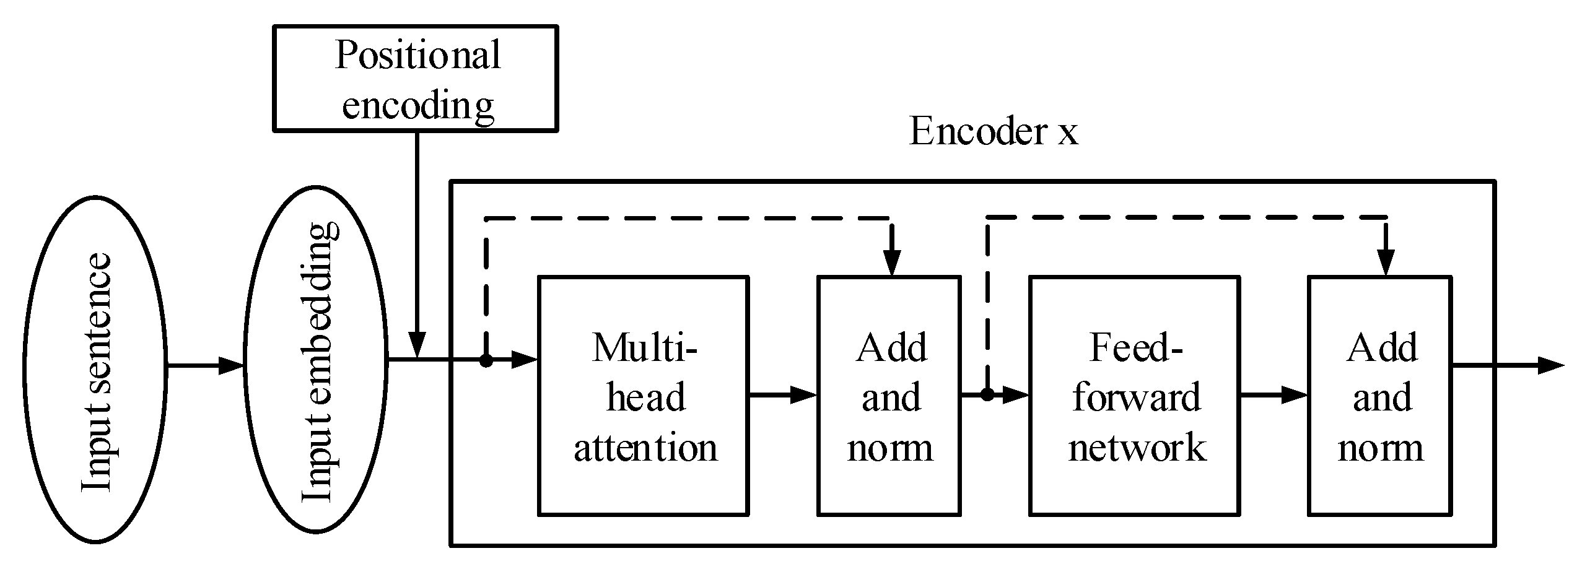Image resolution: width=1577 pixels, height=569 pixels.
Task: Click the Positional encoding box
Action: pos(416,79)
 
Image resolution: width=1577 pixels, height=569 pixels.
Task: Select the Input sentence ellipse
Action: pos(95,369)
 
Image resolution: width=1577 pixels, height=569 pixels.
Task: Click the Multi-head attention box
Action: pos(644,396)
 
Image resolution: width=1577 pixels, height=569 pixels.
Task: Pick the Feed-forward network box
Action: pos(1135,396)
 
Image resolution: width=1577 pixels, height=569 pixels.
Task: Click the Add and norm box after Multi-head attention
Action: pos(889,396)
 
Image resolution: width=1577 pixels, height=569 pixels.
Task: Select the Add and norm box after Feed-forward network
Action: pos(1380,396)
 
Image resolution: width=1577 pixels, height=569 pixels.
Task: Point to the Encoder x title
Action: pos(993,132)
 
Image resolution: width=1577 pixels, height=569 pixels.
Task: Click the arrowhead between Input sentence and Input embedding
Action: pos(232,366)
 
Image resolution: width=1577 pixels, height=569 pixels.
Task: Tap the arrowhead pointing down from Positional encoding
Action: pos(417,345)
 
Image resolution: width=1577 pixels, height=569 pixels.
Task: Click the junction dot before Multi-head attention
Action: pos(487,360)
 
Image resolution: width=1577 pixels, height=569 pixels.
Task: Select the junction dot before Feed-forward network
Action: pos(987,394)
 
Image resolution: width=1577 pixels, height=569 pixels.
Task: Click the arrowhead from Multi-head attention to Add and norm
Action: pos(803,395)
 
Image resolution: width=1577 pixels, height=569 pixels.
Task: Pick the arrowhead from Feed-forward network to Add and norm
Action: pos(1295,395)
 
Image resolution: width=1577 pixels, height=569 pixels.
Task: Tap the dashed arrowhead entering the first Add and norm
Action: pos(892,263)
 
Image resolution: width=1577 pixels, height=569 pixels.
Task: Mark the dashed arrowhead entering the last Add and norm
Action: pos(1386,263)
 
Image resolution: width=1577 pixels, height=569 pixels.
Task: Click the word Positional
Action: pos(417,55)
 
